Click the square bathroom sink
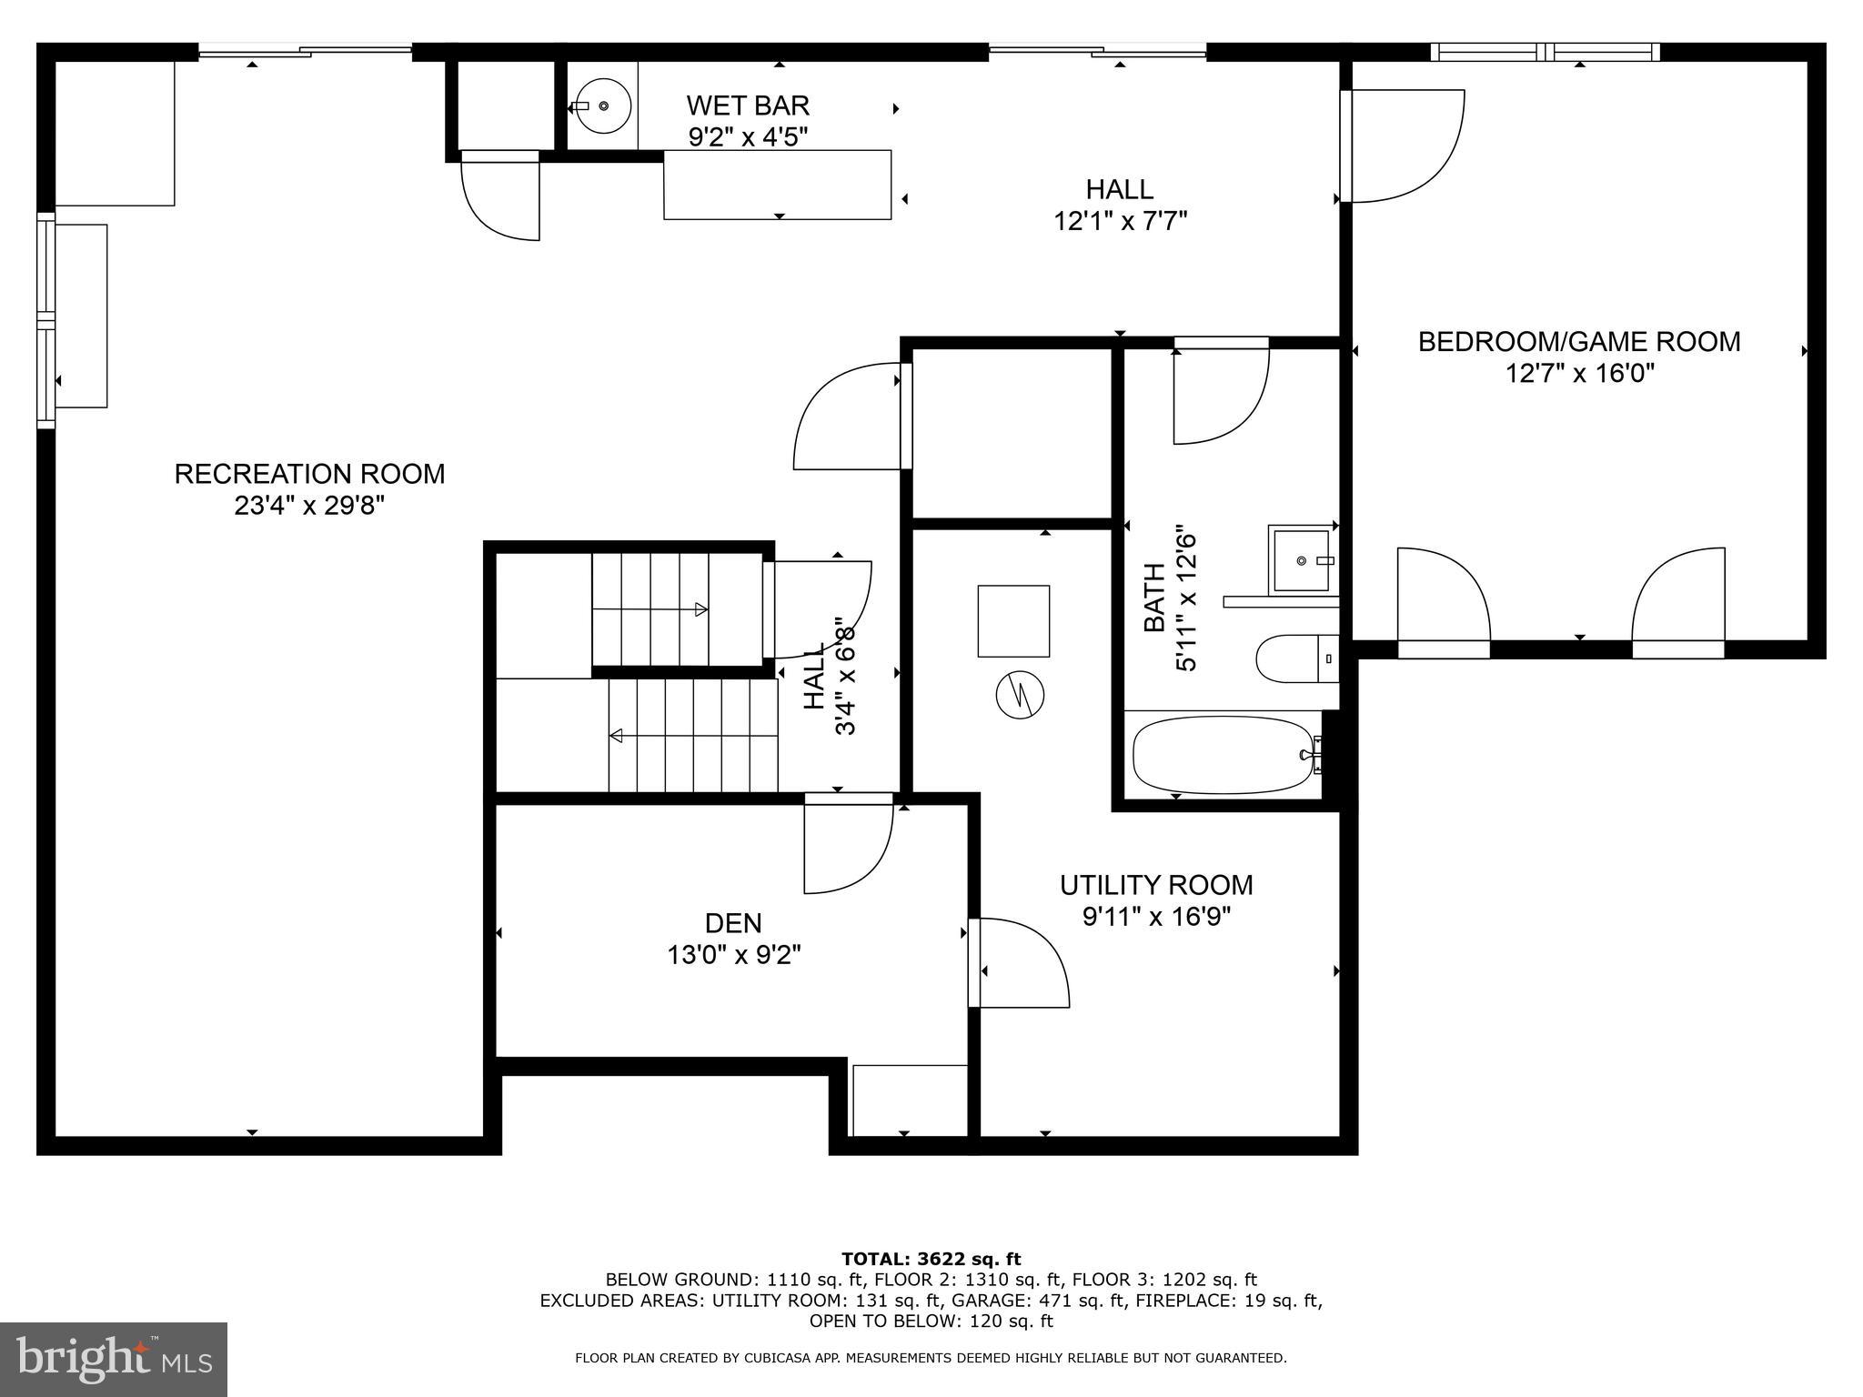coord(1302,559)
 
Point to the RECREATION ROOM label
coord(309,474)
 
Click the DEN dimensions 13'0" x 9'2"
coord(733,955)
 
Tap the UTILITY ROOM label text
coord(1156,885)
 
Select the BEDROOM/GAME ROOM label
coord(1579,342)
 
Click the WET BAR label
coord(748,106)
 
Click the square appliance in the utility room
coord(1013,621)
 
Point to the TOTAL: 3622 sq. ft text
coord(931,1259)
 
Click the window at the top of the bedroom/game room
coord(1545,52)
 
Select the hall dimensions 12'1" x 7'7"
coord(1121,221)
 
